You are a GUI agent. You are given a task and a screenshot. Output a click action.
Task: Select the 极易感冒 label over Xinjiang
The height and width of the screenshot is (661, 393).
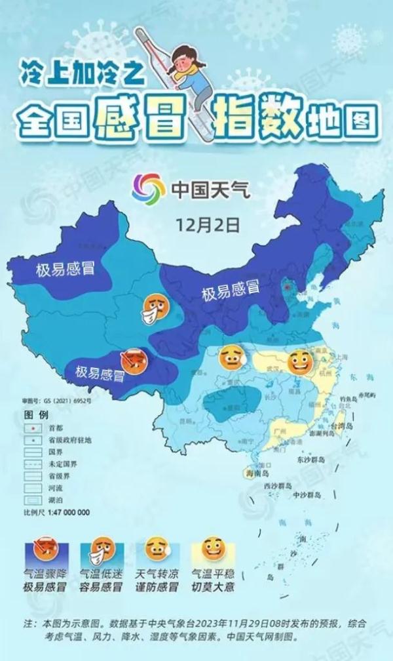coord(65,268)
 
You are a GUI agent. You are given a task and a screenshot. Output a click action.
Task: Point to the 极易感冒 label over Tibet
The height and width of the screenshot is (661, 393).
coord(100,373)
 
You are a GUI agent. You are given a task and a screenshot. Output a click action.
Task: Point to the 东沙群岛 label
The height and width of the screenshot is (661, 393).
coord(311,461)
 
